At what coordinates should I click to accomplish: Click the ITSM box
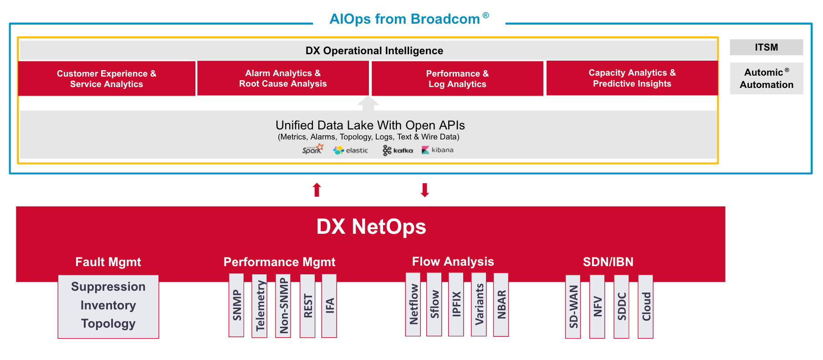766,47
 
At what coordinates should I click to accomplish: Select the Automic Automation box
766,78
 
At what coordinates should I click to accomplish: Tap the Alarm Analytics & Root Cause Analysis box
283,78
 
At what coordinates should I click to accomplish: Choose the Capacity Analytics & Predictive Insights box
632,78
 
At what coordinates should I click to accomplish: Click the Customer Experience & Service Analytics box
107,78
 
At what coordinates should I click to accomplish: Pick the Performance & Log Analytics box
457,78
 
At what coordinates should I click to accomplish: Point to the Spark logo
312,149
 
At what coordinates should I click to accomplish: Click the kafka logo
398,150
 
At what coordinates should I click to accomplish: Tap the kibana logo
437,150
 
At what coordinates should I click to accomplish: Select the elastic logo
350,150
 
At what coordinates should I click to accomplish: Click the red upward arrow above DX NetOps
317,190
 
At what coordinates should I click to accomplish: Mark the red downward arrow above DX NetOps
424,190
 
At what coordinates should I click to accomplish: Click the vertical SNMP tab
236,305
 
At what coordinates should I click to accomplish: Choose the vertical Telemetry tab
260,305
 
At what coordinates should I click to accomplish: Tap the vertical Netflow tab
413,304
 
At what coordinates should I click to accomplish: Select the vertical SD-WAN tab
573,306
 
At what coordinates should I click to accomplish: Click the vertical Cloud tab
645,306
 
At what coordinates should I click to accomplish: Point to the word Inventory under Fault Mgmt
108,305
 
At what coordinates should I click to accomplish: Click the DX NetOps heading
371,226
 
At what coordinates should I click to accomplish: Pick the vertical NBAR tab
501,304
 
